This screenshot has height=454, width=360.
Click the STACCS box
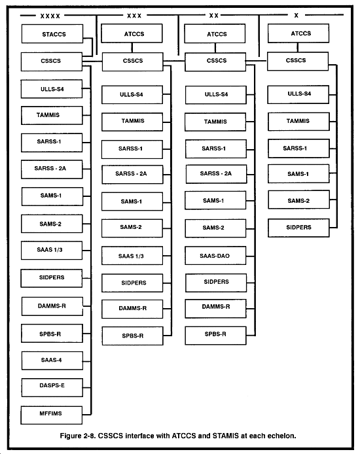point(52,34)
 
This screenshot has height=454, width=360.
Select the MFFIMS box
point(51,415)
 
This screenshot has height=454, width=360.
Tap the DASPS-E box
point(52,387)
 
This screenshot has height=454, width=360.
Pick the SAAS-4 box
point(52,360)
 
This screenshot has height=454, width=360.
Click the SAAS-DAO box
point(215,255)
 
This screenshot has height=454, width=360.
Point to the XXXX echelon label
point(50,16)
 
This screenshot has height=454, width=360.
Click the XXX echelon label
point(134,16)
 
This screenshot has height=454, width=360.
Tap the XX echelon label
point(214,15)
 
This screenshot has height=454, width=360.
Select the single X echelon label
point(296,15)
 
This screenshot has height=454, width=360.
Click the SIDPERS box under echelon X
point(298,228)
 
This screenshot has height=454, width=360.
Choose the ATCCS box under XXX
point(132,33)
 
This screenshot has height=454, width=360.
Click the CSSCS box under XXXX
point(52,61)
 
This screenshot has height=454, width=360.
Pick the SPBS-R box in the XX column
point(216,336)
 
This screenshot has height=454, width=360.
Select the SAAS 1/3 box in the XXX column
point(132,255)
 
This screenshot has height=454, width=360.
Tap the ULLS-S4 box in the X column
point(298,94)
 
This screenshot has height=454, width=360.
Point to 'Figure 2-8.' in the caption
point(78,436)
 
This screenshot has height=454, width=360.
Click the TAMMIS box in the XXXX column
point(52,116)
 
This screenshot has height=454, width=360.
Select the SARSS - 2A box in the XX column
point(217,174)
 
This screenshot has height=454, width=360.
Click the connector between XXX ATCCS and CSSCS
point(132,48)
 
